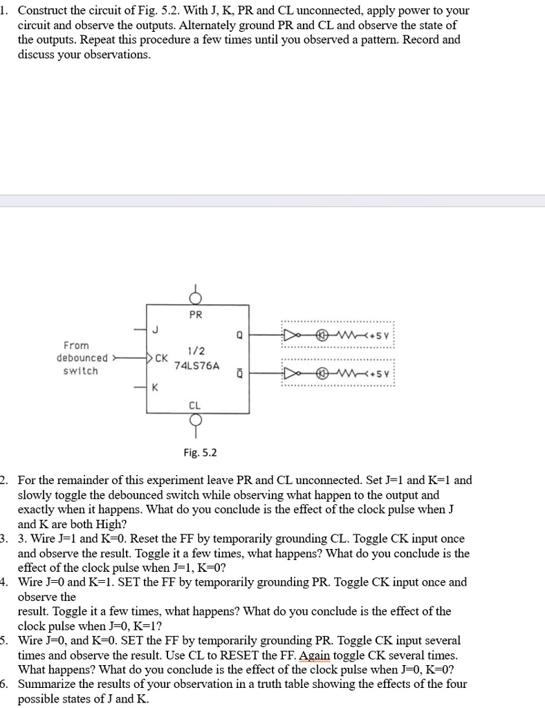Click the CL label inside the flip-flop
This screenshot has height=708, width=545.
(196, 404)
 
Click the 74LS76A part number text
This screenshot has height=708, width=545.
(196, 365)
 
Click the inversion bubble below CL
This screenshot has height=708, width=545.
(196, 420)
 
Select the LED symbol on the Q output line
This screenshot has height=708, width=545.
(321, 337)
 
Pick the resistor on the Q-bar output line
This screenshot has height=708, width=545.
(345, 375)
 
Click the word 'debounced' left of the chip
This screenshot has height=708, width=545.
(82, 358)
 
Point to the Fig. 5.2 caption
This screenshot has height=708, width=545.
(200, 453)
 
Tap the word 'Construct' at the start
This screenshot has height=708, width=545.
(47, 10)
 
